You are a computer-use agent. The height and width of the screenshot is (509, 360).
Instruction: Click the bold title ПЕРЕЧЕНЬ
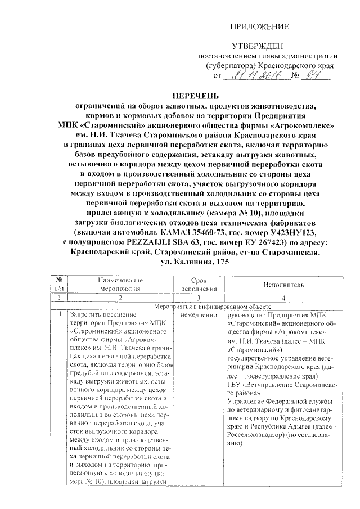click(x=195, y=96)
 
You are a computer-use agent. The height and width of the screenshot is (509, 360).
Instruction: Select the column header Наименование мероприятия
click(x=120, y=285)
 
